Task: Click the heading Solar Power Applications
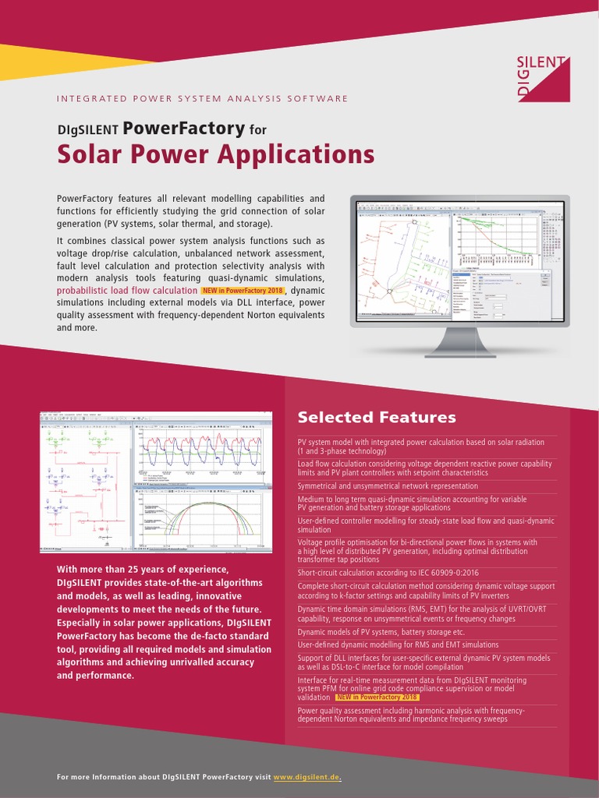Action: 216,154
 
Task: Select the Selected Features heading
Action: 377,417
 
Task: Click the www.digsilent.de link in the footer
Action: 307,778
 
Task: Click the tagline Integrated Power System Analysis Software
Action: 203,99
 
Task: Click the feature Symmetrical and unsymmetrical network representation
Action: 388,486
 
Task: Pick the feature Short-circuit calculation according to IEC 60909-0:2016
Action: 388,573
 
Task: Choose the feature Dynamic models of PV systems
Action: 381,632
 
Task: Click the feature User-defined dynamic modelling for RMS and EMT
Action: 398,644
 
